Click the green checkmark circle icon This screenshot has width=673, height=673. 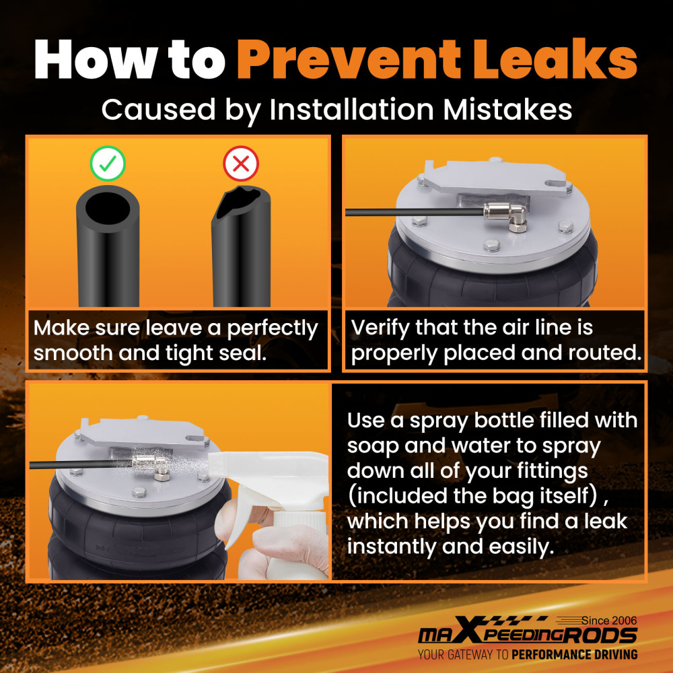108,164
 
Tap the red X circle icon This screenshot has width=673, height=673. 241,164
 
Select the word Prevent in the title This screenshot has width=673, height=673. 349,59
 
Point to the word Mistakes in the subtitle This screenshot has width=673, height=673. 507,110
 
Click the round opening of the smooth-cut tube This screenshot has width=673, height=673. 107,207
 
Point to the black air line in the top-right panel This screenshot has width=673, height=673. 415,212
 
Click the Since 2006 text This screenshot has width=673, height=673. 608,621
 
